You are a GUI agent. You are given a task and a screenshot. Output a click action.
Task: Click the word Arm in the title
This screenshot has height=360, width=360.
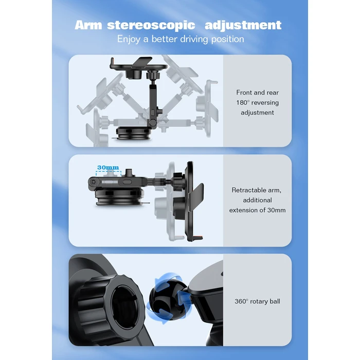coord(88,25)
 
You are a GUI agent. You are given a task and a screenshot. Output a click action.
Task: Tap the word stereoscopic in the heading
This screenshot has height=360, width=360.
coord(151,26)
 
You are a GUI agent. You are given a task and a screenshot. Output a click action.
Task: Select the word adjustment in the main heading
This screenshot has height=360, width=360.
coord(243,26)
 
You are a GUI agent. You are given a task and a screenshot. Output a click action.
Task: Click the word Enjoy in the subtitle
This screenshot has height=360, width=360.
coord(129,39)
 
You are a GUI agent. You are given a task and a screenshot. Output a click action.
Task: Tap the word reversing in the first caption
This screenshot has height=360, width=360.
coord(265,103)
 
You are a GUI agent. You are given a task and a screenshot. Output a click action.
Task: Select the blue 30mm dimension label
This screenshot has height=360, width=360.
coord(108,167)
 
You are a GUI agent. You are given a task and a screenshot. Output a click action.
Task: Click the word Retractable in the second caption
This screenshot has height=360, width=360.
coord(247,190)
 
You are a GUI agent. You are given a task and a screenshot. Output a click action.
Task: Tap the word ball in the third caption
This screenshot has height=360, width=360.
coord(275,301)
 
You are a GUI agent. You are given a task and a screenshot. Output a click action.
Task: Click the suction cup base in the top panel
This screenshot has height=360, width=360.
coord(133,134)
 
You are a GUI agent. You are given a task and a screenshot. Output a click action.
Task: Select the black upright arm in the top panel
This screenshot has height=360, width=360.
coord(153,104)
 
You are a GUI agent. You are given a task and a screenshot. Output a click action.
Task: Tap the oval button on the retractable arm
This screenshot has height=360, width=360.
coord(127,182)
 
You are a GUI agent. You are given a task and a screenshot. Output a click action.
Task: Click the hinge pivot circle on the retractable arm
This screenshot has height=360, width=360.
coord(93,182)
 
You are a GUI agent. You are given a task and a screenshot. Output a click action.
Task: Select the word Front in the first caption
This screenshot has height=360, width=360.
coord(245,93)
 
